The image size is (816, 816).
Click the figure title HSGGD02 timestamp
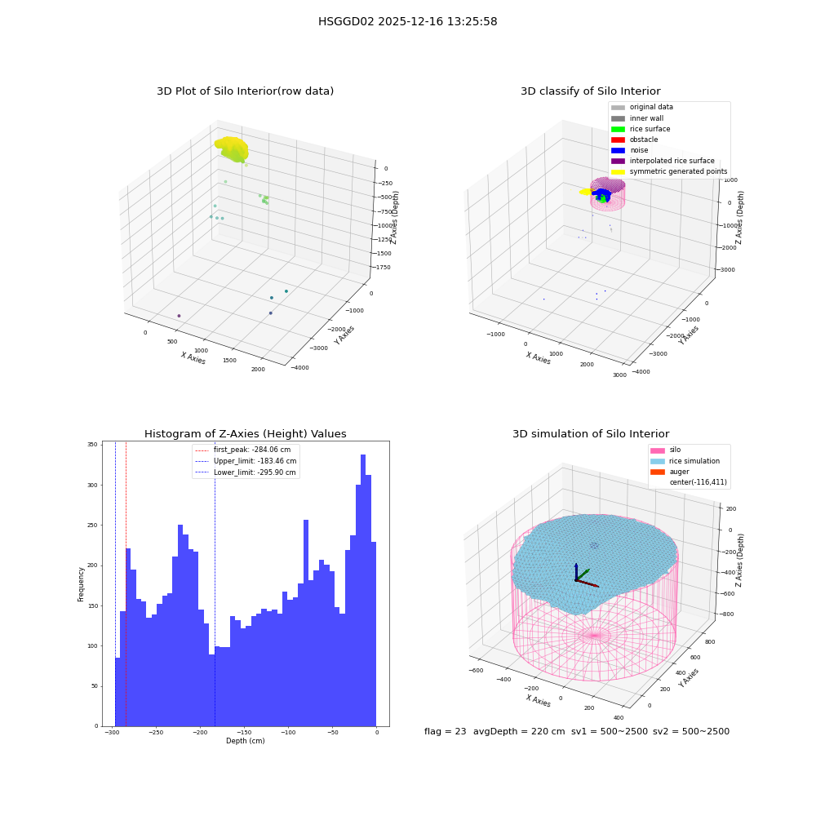coord(407,21)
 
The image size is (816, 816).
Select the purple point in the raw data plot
coord(179,316)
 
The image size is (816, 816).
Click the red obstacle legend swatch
coord(618,140)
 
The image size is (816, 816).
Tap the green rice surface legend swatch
coord(618,129)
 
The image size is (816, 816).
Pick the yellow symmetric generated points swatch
coord(618,171)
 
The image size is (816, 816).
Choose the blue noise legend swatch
coord(618,150)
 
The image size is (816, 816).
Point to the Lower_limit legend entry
coord(245,472)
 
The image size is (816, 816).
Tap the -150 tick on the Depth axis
coord(244,733)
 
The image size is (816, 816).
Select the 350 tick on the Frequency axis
coord(92,445)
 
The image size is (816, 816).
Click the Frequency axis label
coord(81,584)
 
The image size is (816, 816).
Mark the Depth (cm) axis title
coord(245,741)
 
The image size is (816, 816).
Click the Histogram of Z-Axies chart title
coord(245,434)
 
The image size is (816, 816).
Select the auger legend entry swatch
coord(657,472)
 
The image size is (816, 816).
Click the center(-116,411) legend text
coord(698,482)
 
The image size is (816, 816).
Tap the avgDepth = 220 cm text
coord(519,731)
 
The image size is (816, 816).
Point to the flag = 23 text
coord(445,731)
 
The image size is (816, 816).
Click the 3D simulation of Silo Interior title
coord(591,434)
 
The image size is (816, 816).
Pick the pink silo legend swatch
coord(657,450)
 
